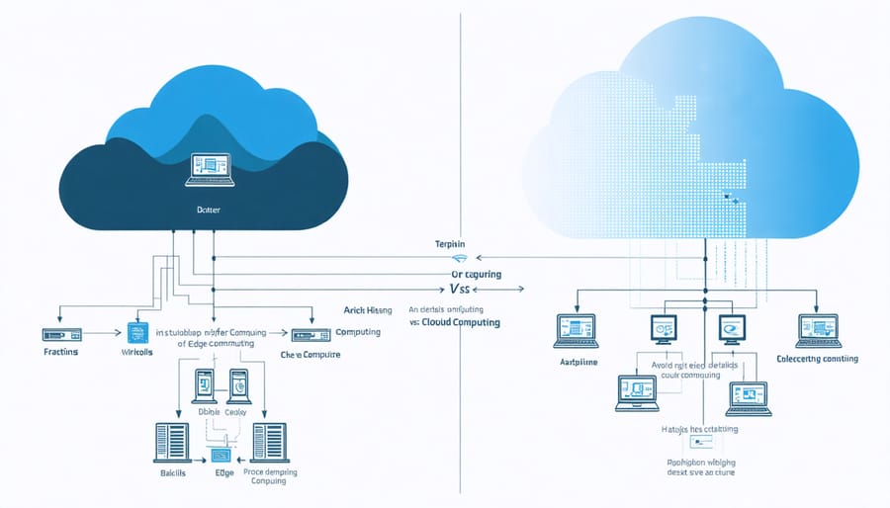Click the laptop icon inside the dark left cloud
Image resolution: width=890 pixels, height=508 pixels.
pos(209,169)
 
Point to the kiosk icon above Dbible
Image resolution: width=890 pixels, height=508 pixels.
pos(204,384)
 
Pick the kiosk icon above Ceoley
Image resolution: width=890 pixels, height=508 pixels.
pos(238,384)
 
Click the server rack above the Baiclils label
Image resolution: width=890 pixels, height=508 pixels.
pos(172,441)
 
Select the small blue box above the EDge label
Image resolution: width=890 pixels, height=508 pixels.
pos(221,456)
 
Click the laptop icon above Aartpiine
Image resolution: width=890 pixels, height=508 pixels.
pos(576,330)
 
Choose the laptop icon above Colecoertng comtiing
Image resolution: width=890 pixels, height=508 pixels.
pos(817,330)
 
